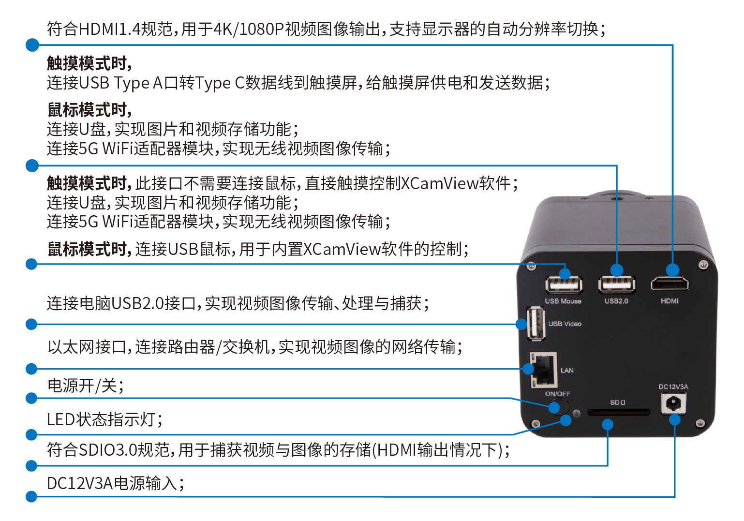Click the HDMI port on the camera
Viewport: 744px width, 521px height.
(x=670, y=284)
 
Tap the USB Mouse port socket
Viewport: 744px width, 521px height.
(x=564, y=285)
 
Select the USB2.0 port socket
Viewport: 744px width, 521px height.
(x=617, y=284)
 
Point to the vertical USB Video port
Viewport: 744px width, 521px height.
(x=536, y=324)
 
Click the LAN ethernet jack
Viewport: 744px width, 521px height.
(x=543, y=370)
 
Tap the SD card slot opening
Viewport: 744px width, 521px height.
(x=618, y=413)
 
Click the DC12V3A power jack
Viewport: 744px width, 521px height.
(x=673, y=404)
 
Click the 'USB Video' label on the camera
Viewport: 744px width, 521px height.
(x=565, y=324)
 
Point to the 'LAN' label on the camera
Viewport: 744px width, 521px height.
(x=566, y=370)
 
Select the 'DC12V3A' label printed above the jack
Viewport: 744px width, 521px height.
(x=673, y=387)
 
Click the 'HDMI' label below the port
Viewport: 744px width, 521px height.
(x=670, y=301)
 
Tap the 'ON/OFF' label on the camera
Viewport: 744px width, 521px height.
(x=557, y=394)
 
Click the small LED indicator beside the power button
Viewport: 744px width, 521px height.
(x=576, y=414)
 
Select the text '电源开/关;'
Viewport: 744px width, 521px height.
(x=85, y=386)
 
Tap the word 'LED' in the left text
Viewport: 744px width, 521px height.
(x=61, y=419)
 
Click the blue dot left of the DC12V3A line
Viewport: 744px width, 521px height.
(x=31, y=497)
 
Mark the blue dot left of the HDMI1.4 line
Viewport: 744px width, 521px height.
(x=32, y=45)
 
